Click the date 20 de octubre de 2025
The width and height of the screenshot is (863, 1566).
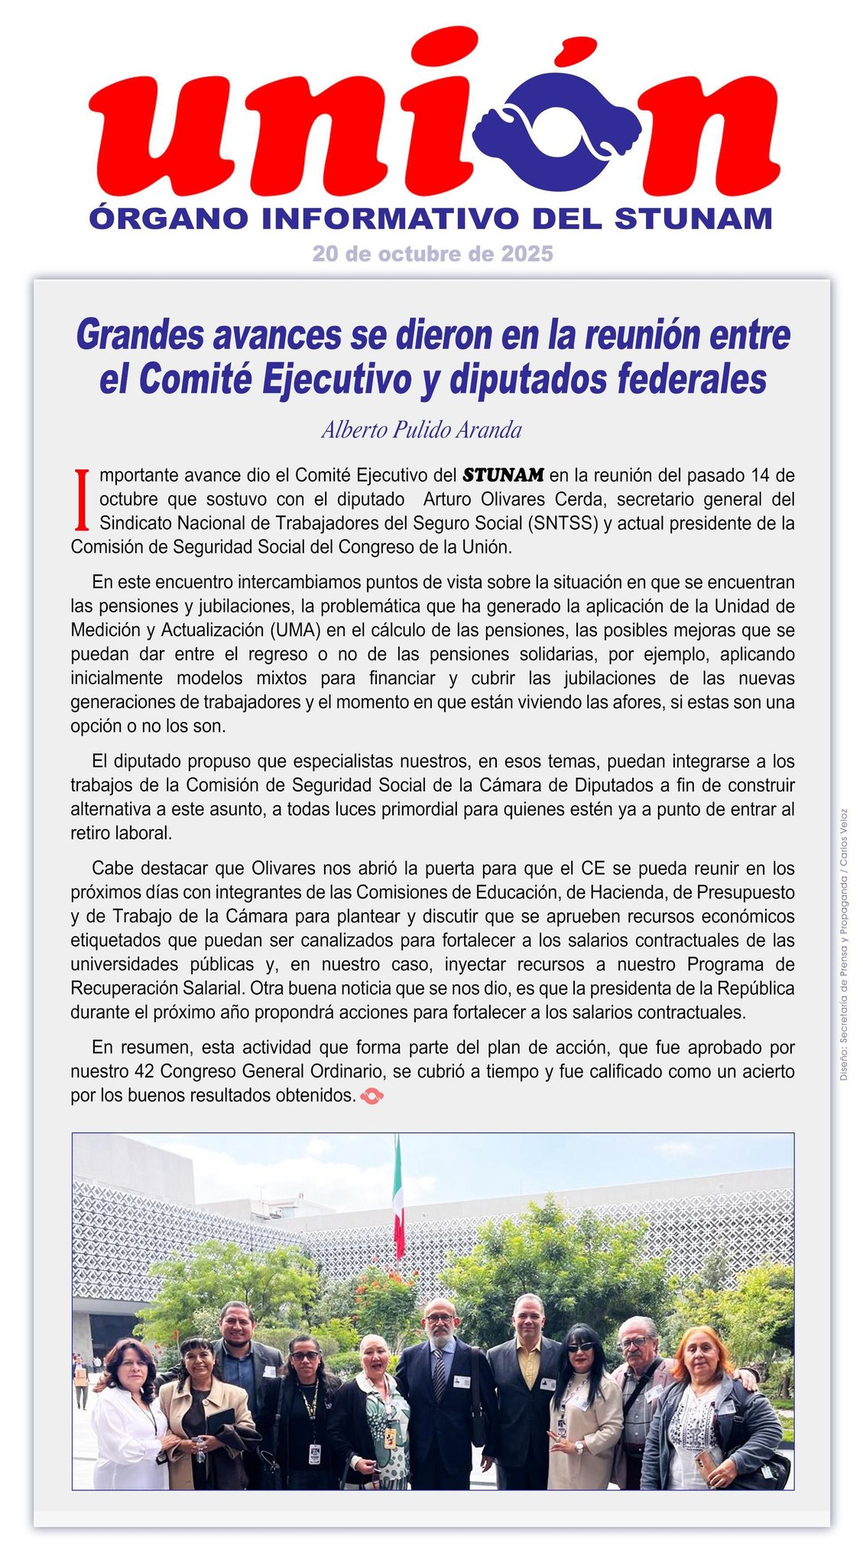[x=432, y=254]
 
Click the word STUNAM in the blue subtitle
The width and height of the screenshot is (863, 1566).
[x=693, y=219]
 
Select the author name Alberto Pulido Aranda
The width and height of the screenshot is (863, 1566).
[x=421, y=430]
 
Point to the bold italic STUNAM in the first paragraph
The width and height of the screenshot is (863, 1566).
[x=503, y=475]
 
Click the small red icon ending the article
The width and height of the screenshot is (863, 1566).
[x=371, y=1097]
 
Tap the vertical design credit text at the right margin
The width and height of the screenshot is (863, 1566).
[x=843, y=944]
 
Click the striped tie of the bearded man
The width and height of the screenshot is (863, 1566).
[x=440, y=1373]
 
